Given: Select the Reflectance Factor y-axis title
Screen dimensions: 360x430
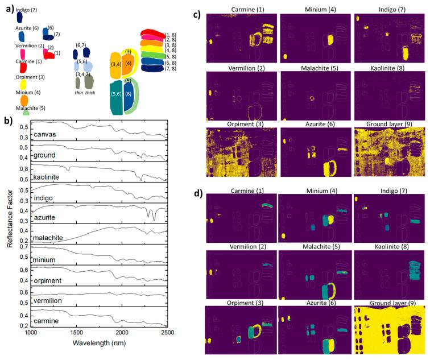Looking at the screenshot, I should click(10, 225).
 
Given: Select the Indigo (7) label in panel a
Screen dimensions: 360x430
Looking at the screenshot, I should click(27, 10).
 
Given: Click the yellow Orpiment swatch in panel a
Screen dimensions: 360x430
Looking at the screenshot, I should click(24, 85).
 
